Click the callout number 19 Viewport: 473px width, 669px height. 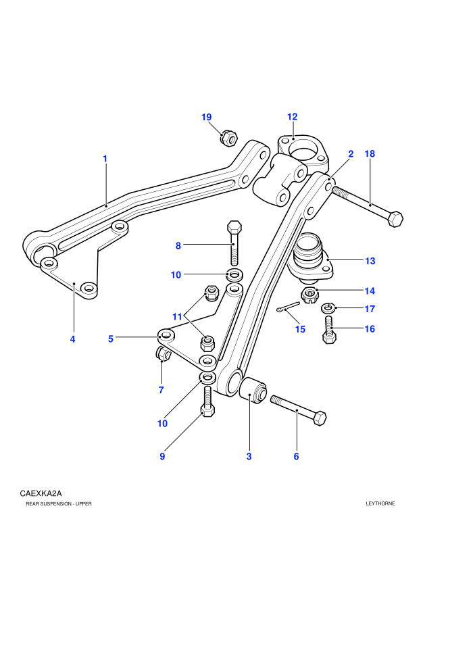(207, 117)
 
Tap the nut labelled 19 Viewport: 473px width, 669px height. (228, 138)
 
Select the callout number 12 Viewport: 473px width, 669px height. (292, 116)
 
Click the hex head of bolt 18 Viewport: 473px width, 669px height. (395, 219)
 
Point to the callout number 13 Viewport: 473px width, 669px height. (370, 261)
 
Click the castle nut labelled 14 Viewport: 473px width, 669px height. (310, 295)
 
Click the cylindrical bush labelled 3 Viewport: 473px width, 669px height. (253, 389)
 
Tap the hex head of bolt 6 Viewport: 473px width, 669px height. (320, 418)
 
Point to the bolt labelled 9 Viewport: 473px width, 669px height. (207, 401)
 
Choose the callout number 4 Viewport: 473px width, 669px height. (72, 339)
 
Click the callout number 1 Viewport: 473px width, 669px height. (105, 159)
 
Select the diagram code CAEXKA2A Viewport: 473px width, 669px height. (41, 494)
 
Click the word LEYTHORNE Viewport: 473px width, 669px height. (380, 503)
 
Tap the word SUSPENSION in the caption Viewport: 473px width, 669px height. (56, 504)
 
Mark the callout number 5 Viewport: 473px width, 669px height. (110, 339)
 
